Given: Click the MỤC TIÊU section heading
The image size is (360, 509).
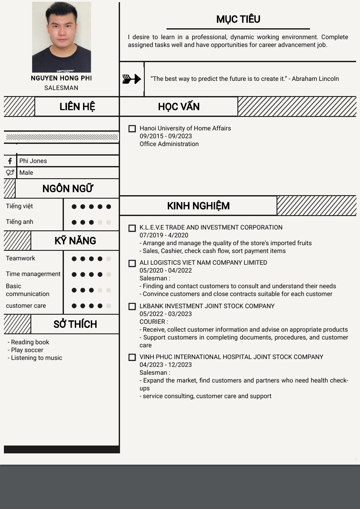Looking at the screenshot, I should (x=238, y=19).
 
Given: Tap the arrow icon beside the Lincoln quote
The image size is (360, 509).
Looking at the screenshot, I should (x=131, y=79).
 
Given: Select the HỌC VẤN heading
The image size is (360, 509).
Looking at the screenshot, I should (x=179, y=106).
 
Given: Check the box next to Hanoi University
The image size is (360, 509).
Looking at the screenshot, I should (x=132, y=129).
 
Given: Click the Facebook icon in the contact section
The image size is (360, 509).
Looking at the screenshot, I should (x=10, y=161).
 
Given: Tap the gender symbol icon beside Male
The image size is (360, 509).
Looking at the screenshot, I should (x=10, y=173).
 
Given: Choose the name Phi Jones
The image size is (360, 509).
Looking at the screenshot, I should (x=33, y=161).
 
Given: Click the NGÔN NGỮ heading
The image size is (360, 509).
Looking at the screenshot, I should (x=68, y=189).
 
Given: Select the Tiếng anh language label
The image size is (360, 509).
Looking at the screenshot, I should (x=20, y=222).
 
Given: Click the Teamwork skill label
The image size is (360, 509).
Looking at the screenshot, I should (x=20, y=258).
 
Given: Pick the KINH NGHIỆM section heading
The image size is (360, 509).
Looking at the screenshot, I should (x=198, y=206).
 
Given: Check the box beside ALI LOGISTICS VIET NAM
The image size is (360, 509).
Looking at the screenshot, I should (x=132, y=263).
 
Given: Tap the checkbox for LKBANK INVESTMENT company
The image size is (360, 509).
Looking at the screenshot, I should (x=132, y=306).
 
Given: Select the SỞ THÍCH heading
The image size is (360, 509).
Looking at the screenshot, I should (x=75, y=324).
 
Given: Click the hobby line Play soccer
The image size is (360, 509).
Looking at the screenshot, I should (x=27, y=350).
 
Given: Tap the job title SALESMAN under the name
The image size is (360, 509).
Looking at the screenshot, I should (x=61, y=88).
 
